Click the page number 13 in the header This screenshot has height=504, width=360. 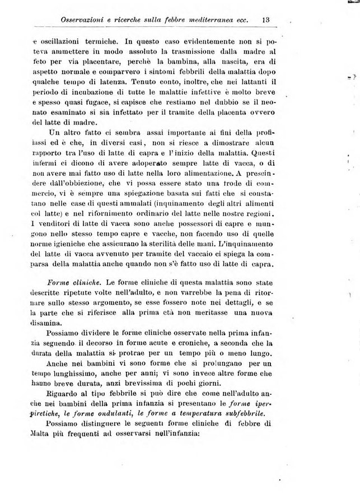[x=266, y=20]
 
